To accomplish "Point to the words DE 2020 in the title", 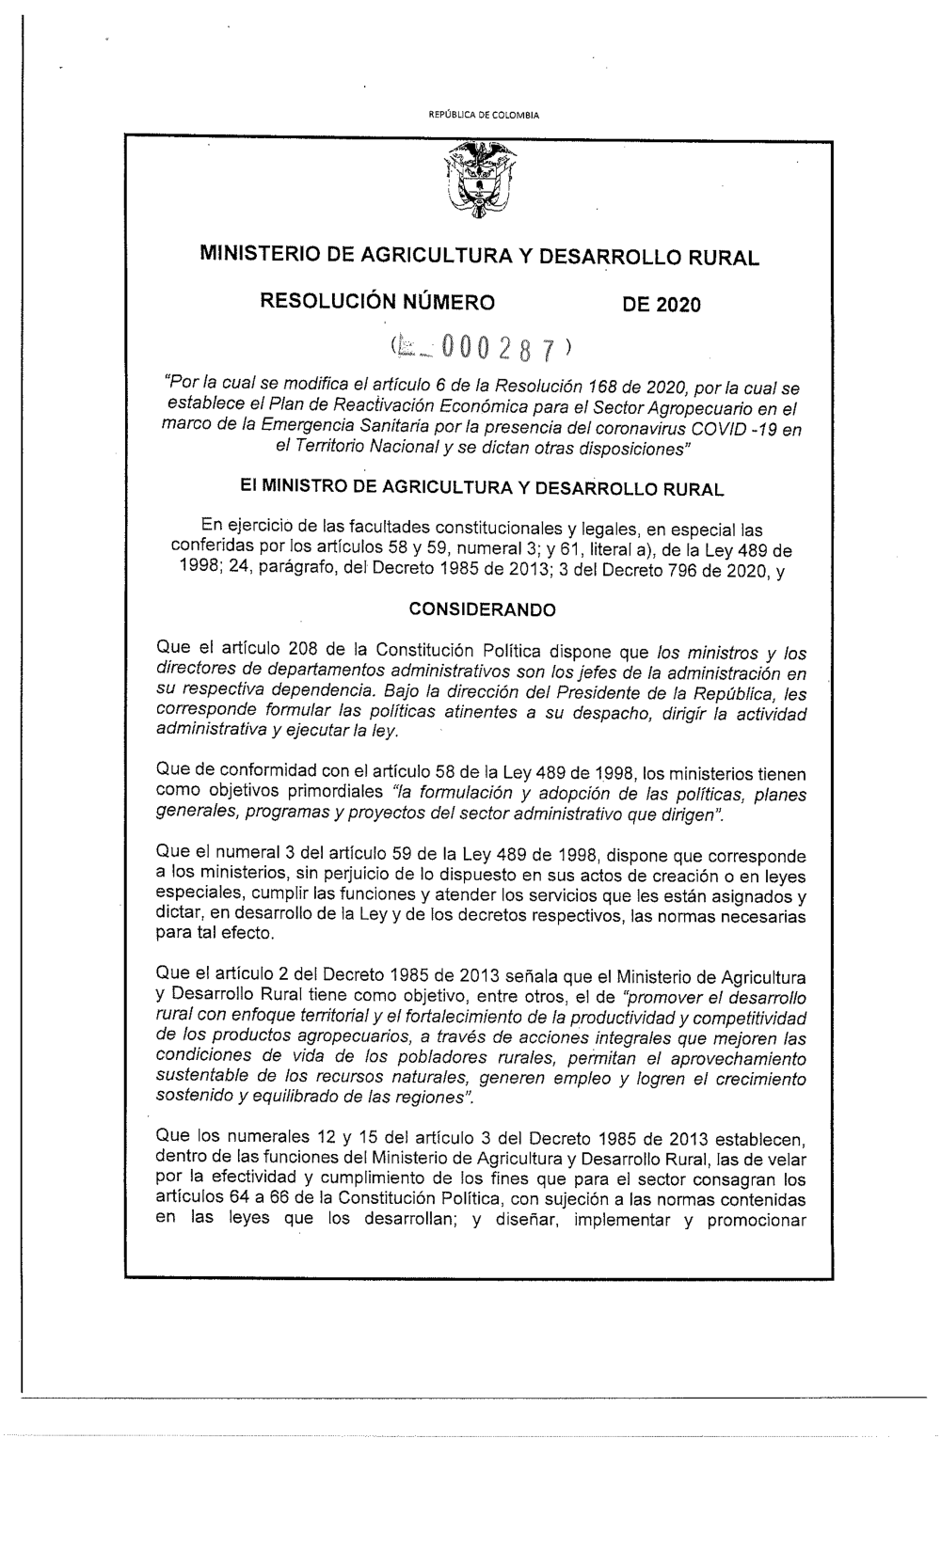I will pyautogui.click(x=660, y=304).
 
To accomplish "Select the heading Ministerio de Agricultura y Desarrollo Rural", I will pyautogui.click(x=480, y=257).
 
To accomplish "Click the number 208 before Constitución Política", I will pyautogui.click(x=323, y=650).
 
